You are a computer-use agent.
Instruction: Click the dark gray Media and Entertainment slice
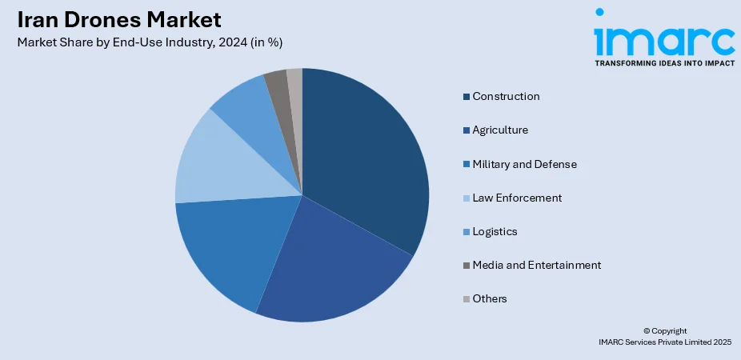point(277,83)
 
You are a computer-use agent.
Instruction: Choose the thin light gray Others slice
point(294,80)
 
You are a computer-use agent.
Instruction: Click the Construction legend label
point(506,97)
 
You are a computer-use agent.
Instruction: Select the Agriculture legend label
point(500,130)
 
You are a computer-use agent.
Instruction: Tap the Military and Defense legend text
point(524,164)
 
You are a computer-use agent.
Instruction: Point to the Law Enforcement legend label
point(517,198)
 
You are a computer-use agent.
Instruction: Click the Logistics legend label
point(495,231)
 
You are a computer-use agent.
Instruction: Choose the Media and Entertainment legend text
point(536,265)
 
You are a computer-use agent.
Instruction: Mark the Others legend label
point(490,298)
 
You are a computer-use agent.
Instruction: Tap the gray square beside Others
point(466,299)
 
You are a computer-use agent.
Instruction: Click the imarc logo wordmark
point(663,37)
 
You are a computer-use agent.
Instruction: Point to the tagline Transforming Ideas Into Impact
point(664,62)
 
